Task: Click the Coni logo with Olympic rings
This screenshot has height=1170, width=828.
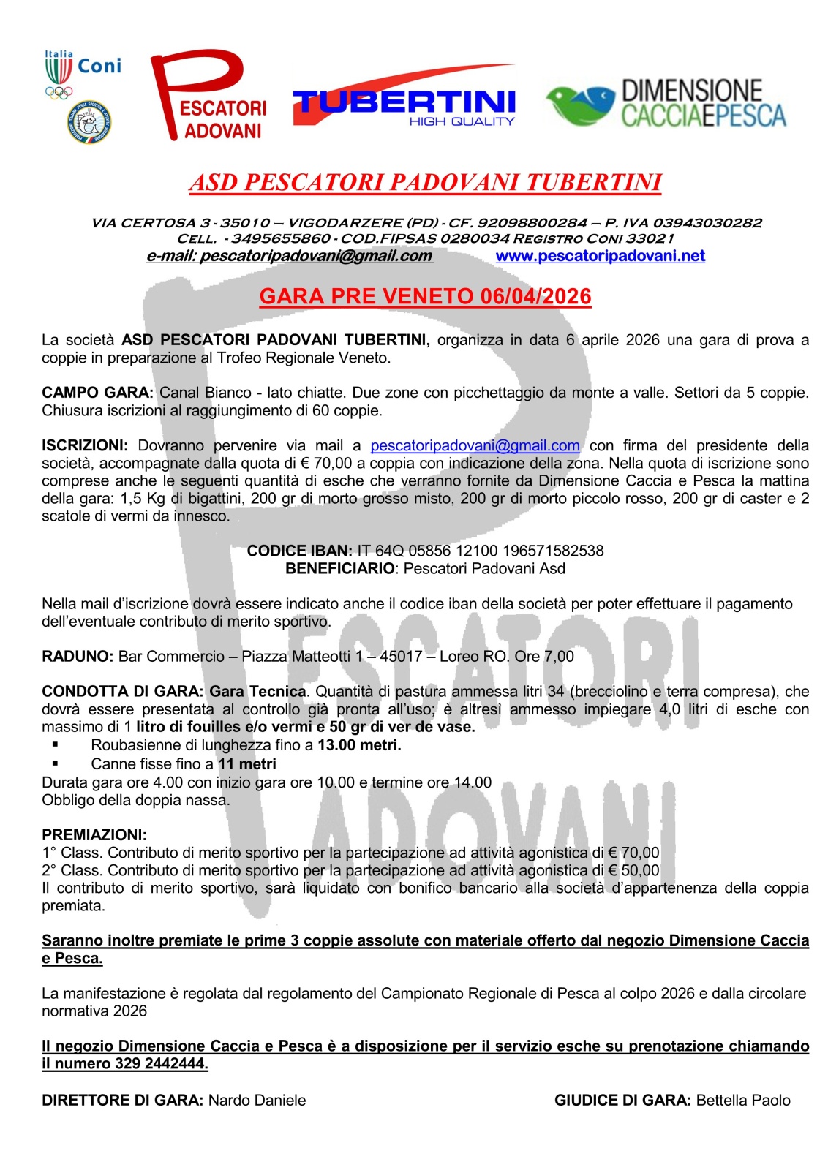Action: coord(80,73)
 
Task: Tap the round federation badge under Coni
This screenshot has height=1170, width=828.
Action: coord(89,122)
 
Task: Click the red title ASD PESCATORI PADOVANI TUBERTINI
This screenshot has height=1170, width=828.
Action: coord(426,183)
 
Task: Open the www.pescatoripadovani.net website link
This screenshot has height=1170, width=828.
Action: coord(601,256)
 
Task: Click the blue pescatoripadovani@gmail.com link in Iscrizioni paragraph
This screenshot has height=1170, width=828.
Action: coord(475,445)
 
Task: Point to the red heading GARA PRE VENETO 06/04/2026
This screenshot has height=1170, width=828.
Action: coord(425,296)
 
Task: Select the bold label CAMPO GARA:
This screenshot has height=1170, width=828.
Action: coord(97,393)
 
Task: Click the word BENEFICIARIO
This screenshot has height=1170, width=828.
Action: coord(339,568)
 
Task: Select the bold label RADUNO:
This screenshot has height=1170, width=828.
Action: coord(78,656)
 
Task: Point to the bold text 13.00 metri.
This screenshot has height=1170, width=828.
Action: coord(359,745)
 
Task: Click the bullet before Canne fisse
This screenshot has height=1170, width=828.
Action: coord(55,763)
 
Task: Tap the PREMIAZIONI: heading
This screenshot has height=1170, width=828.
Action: coord(94,834)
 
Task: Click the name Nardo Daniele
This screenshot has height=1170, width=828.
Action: coord(257,1101)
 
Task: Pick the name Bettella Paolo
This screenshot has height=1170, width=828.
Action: coord(743,1101)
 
